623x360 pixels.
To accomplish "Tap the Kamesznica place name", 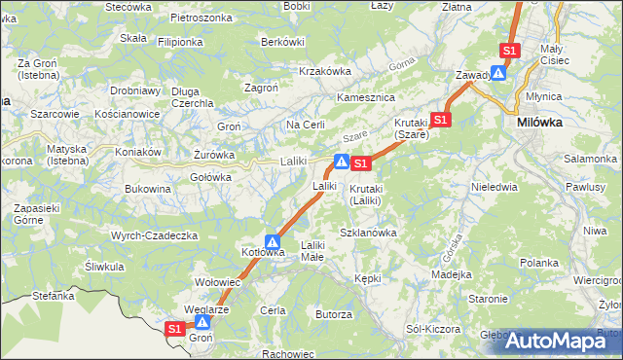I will pos(364,98).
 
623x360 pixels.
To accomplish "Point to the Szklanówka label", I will pos(368,233).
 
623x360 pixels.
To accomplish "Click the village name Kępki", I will pos(368,278).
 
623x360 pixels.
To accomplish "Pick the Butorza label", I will pos(333,314).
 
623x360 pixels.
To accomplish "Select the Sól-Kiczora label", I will pos(432,329).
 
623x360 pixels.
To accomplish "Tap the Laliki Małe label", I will pos(312,251).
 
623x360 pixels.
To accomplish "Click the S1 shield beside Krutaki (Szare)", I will pos(441,120).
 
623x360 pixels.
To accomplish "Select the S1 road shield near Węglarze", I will pos(174,329).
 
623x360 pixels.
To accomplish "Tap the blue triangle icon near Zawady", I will pos(498,72).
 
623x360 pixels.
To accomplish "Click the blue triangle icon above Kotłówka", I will pos(274,242).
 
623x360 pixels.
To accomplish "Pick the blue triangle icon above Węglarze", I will pos(202,322).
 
